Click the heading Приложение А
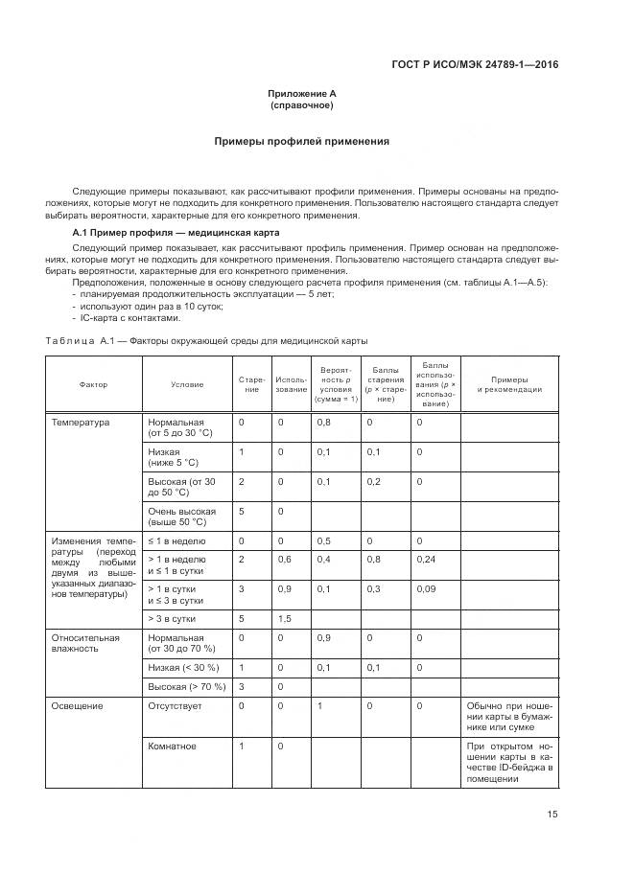(x=301, y=94)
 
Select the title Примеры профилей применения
(x=301, y=141)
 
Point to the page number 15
(x=552, y=815)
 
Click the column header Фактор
(x=93, y=384)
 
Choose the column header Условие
(x=187, y=384)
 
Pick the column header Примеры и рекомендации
(x=509, y=384)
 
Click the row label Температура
(x=81, y=422)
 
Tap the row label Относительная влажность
(x=85, y=642)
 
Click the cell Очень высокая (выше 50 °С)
(x=181, y=517)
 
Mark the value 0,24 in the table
(x=427, y=559)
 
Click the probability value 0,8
(x=324, y=422)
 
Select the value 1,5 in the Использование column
(x=284, y=619)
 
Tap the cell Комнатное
(x=173, y=746)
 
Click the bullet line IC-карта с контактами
(x=129, y=318)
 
